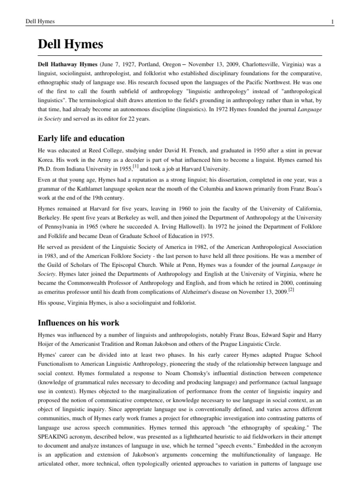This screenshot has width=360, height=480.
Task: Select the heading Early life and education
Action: tap(81, 138)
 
